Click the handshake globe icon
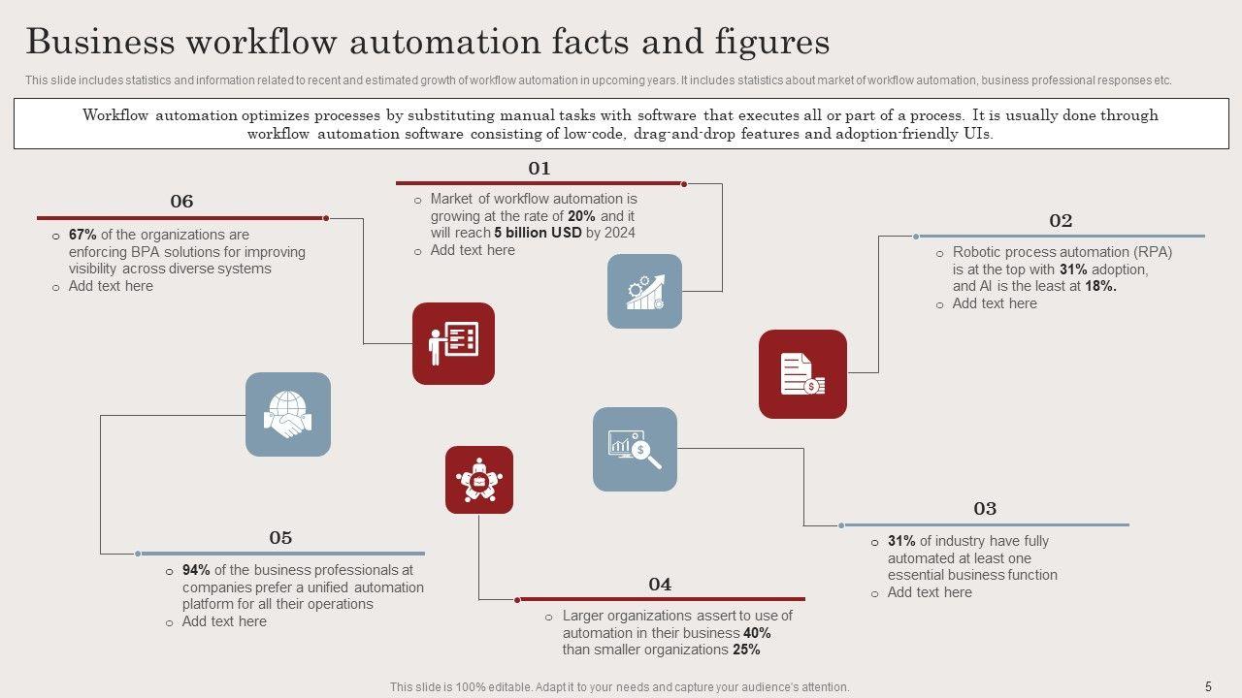pyautogui.click(x=288, y=414)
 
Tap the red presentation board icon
pyautogui.click(x=453, y=343)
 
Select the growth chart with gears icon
pyautogui.click(x=644, y=291)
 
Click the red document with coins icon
pyautogui.click(x=802, y=374)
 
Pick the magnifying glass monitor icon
pyautogui.click(x=635, y=449)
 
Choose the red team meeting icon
pyautogui.click(x=479, y=480)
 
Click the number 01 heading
pyautogui.click(x=539, y=169)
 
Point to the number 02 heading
pyautogui.click(x=1061, y=221)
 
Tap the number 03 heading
pyautogui.click(x=985, y=509)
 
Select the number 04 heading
pyautogui.click(x=660, y=585)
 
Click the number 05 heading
pyautogui.click(x=280, y=538)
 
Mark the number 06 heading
pyautogui.click(x=181, y=202)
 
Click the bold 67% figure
pyautogui.click(x=82, y=235)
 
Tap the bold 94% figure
pyautogui.click(x=196, y=570)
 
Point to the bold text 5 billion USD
pyautogui.click(x=538, y=233)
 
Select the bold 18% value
pyautogui.click(x=1100, y=286)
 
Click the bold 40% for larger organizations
pyautogui.click(x=757, y=633)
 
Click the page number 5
pyautogui.click(x=1208, y=686)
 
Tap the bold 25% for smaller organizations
pyautogui.click(x=746, y=650)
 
